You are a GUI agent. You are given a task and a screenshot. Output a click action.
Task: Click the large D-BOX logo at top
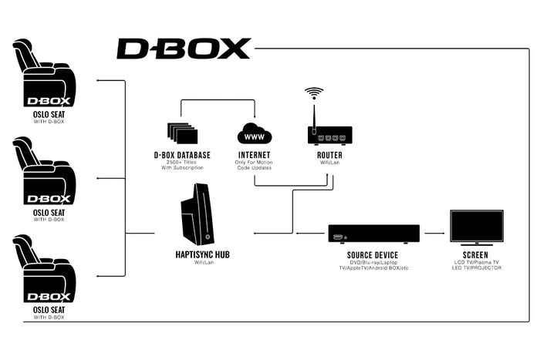184,49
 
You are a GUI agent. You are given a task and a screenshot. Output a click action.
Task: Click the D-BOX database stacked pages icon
181,132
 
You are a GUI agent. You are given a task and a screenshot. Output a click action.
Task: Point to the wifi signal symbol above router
314,94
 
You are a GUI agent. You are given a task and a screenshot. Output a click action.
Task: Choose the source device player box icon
373,233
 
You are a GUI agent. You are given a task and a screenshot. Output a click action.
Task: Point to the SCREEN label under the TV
475,255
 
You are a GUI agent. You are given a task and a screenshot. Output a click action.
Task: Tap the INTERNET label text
255,155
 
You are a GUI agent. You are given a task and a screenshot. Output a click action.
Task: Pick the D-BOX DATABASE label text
182,155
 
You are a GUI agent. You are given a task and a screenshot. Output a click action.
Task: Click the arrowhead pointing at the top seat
97,79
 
